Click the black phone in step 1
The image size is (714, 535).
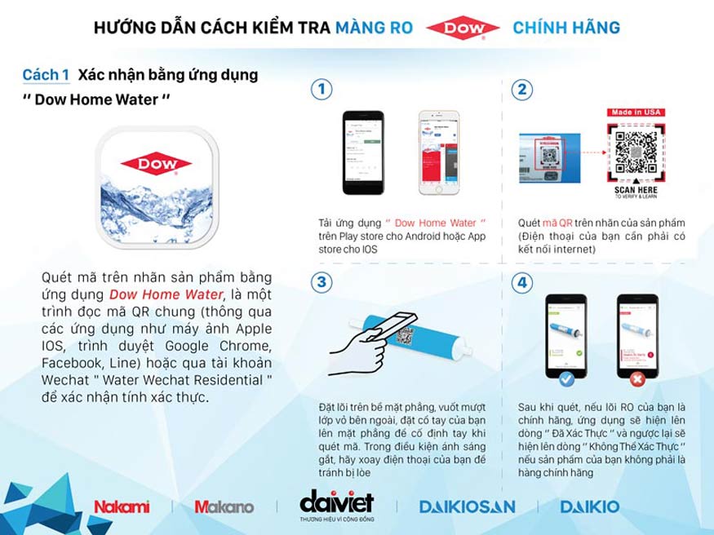click(361, 153)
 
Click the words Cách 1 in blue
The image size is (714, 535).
click(46, 75)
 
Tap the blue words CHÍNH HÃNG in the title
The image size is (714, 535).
click(565, 29)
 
